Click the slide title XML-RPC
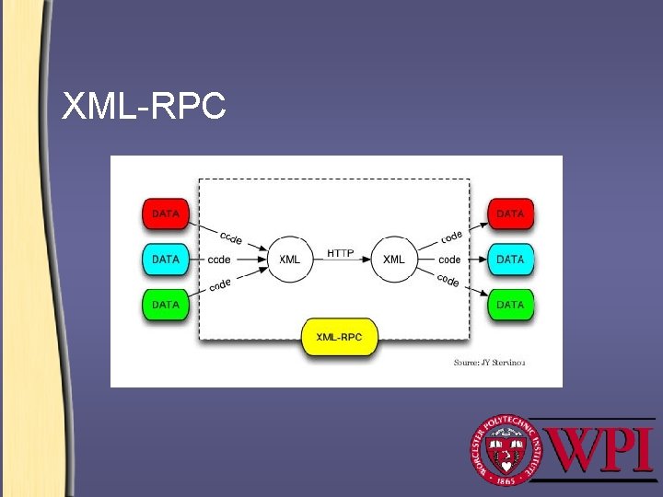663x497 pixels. tap(144, 108)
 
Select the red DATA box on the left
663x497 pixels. tap(166, 214)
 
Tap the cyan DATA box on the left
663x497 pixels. tap(166, 260)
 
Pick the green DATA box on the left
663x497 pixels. tap(166, 305)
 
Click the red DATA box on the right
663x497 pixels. tap(510, 214)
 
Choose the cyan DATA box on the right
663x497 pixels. tap(510, 260)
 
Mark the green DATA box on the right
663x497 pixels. tap(510, 305)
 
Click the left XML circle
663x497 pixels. tap(289, 260)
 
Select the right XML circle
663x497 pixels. tap(393, 260)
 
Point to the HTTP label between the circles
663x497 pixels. tap(342, 253)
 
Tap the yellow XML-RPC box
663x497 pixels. tap(339, 338)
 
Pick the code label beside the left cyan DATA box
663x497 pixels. tap(219, 260)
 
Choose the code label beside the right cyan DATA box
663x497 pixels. tap(449, 260)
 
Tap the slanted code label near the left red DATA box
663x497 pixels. tap(230, 237)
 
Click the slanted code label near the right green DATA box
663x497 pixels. tap(448, 280)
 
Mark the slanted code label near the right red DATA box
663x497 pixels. tap(451, 237)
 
